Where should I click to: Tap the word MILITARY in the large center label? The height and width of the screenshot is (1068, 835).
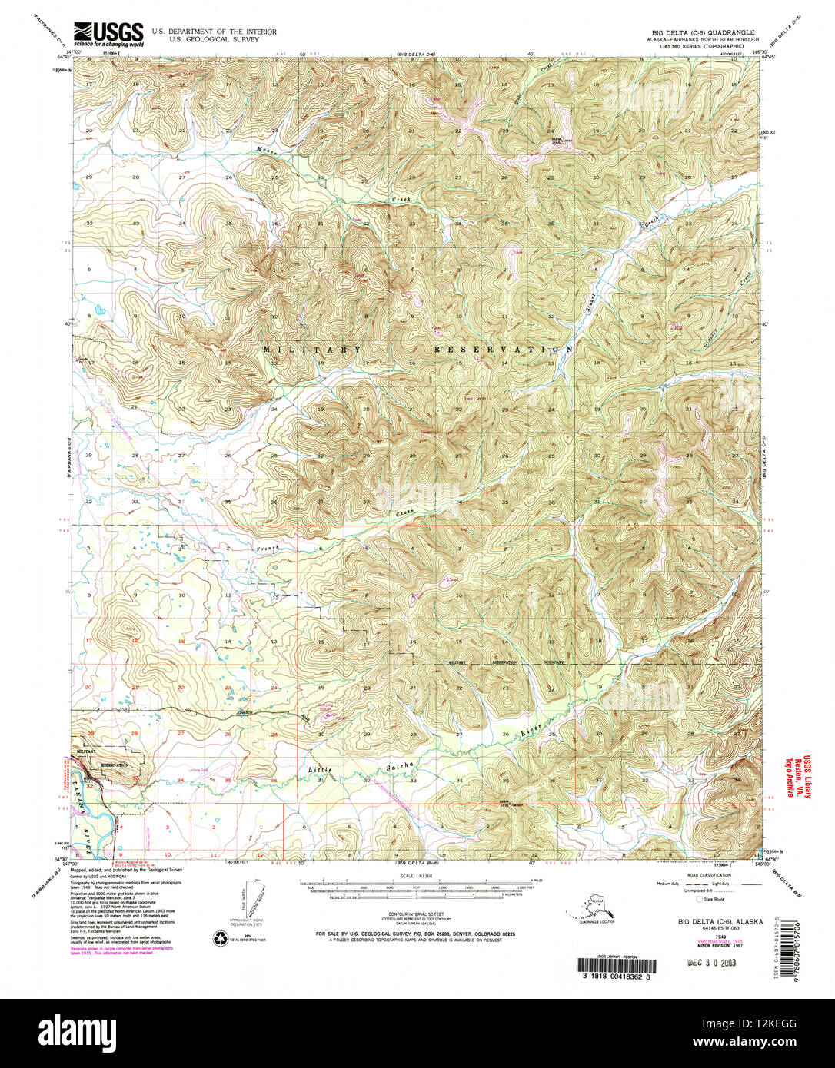[311, 350]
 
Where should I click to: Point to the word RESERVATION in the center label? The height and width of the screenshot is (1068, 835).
[503, 350]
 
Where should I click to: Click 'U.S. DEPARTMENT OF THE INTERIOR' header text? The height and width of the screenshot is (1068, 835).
[214, 32]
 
